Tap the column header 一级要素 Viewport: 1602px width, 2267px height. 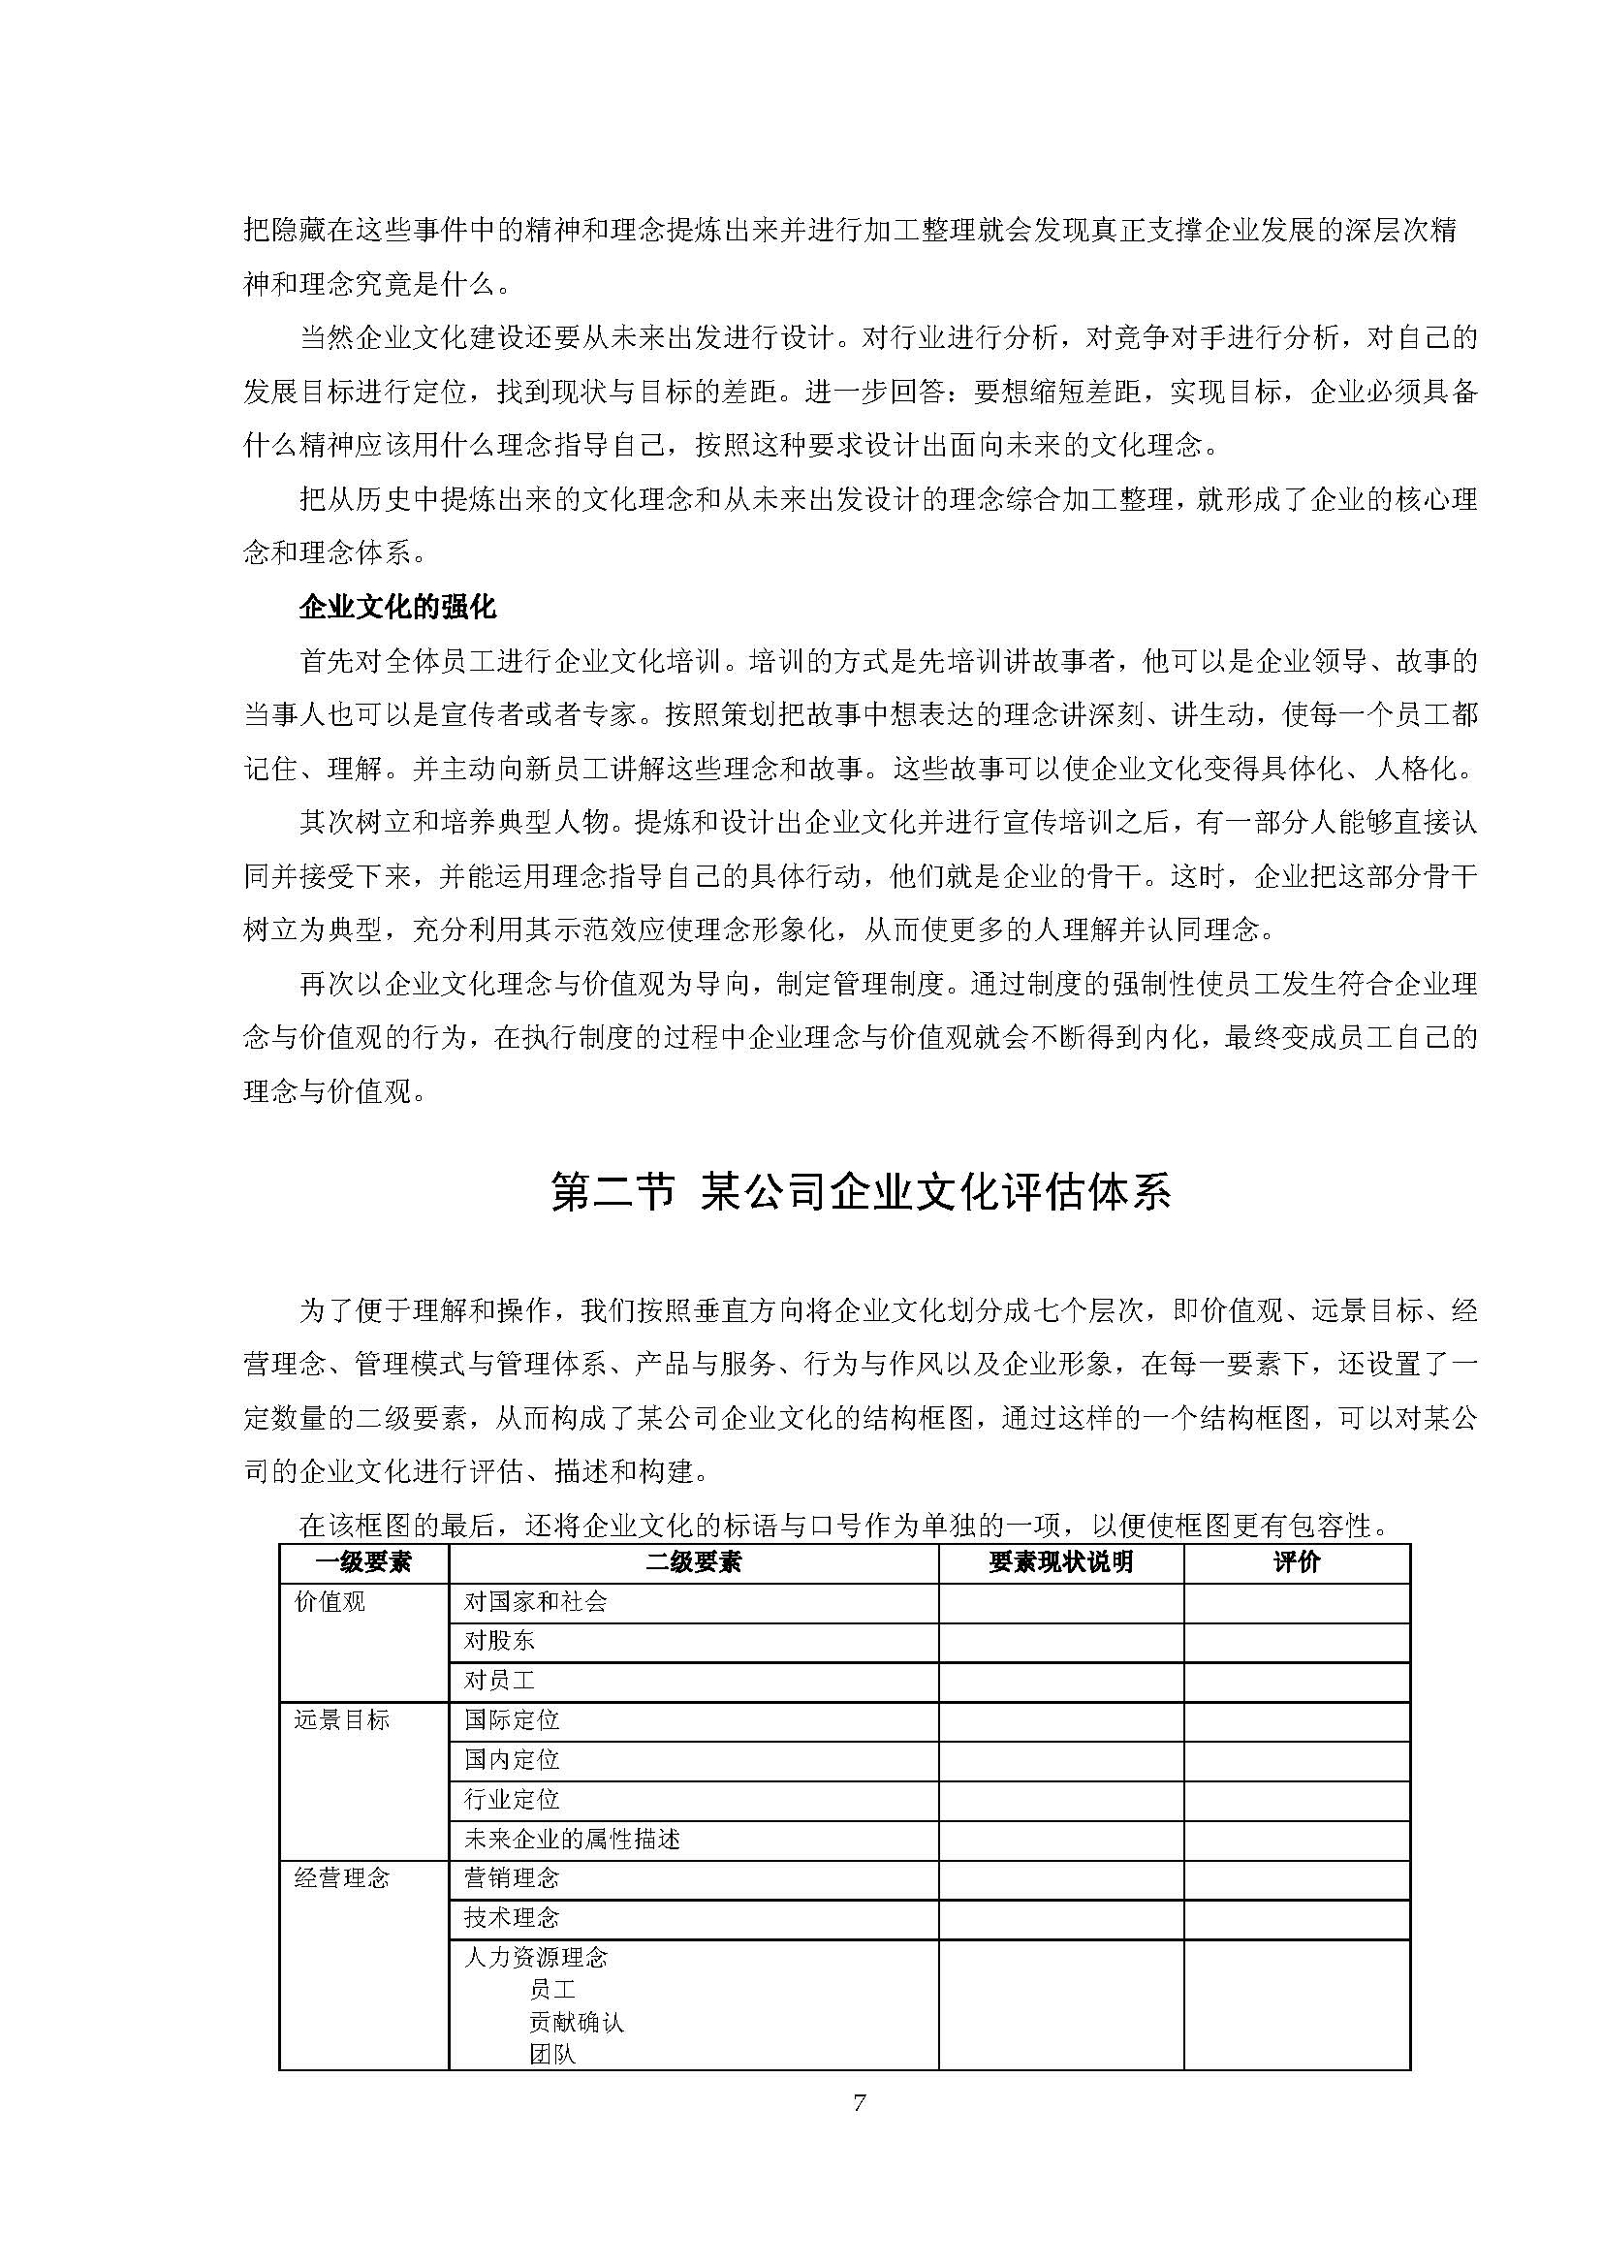pyautogui.click(x=363, y=1561)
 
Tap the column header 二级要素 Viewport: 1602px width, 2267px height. pyautogui.click(x=693, y=1561)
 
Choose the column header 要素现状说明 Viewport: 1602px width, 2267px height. pyautogui.click(x=1060, y=1561)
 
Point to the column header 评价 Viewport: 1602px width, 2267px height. pyautogui.click(x=1296, y=1561)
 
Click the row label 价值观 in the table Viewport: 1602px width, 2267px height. pyautogui.click(x=330, y=1601)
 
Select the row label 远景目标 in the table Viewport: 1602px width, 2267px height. pyautogui.click(x=341, y=1719)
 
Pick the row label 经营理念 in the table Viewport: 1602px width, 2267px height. pyautogui.click(x=341, y=1877)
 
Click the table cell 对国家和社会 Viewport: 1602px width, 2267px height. pyautogui.click(x=535, y=1601)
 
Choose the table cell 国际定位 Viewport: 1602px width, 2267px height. pyautogui.click(x=512, y=1720)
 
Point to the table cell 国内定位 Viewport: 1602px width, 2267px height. pyautogui.click(x=512, y=1759)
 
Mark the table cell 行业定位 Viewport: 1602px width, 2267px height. pyautogui.click(x=512, y=1799)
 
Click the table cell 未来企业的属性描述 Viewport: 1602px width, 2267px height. pyautogui.click(x=572, y=1839)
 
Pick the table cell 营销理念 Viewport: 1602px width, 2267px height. pyautogui.click(x=512, y=1878)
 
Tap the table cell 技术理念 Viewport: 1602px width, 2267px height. pyautogui.click(x=512, y=1917)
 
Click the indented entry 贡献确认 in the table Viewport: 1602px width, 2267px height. pyautogui.click(x=577, y=2021)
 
